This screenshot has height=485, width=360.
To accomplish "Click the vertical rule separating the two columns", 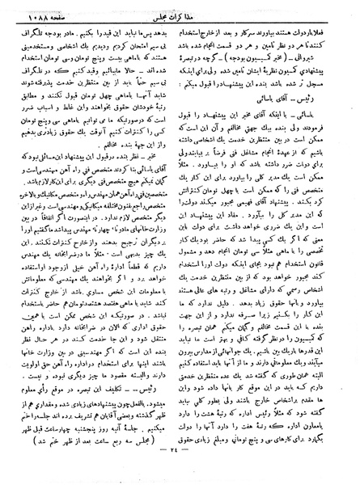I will [180, 242].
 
